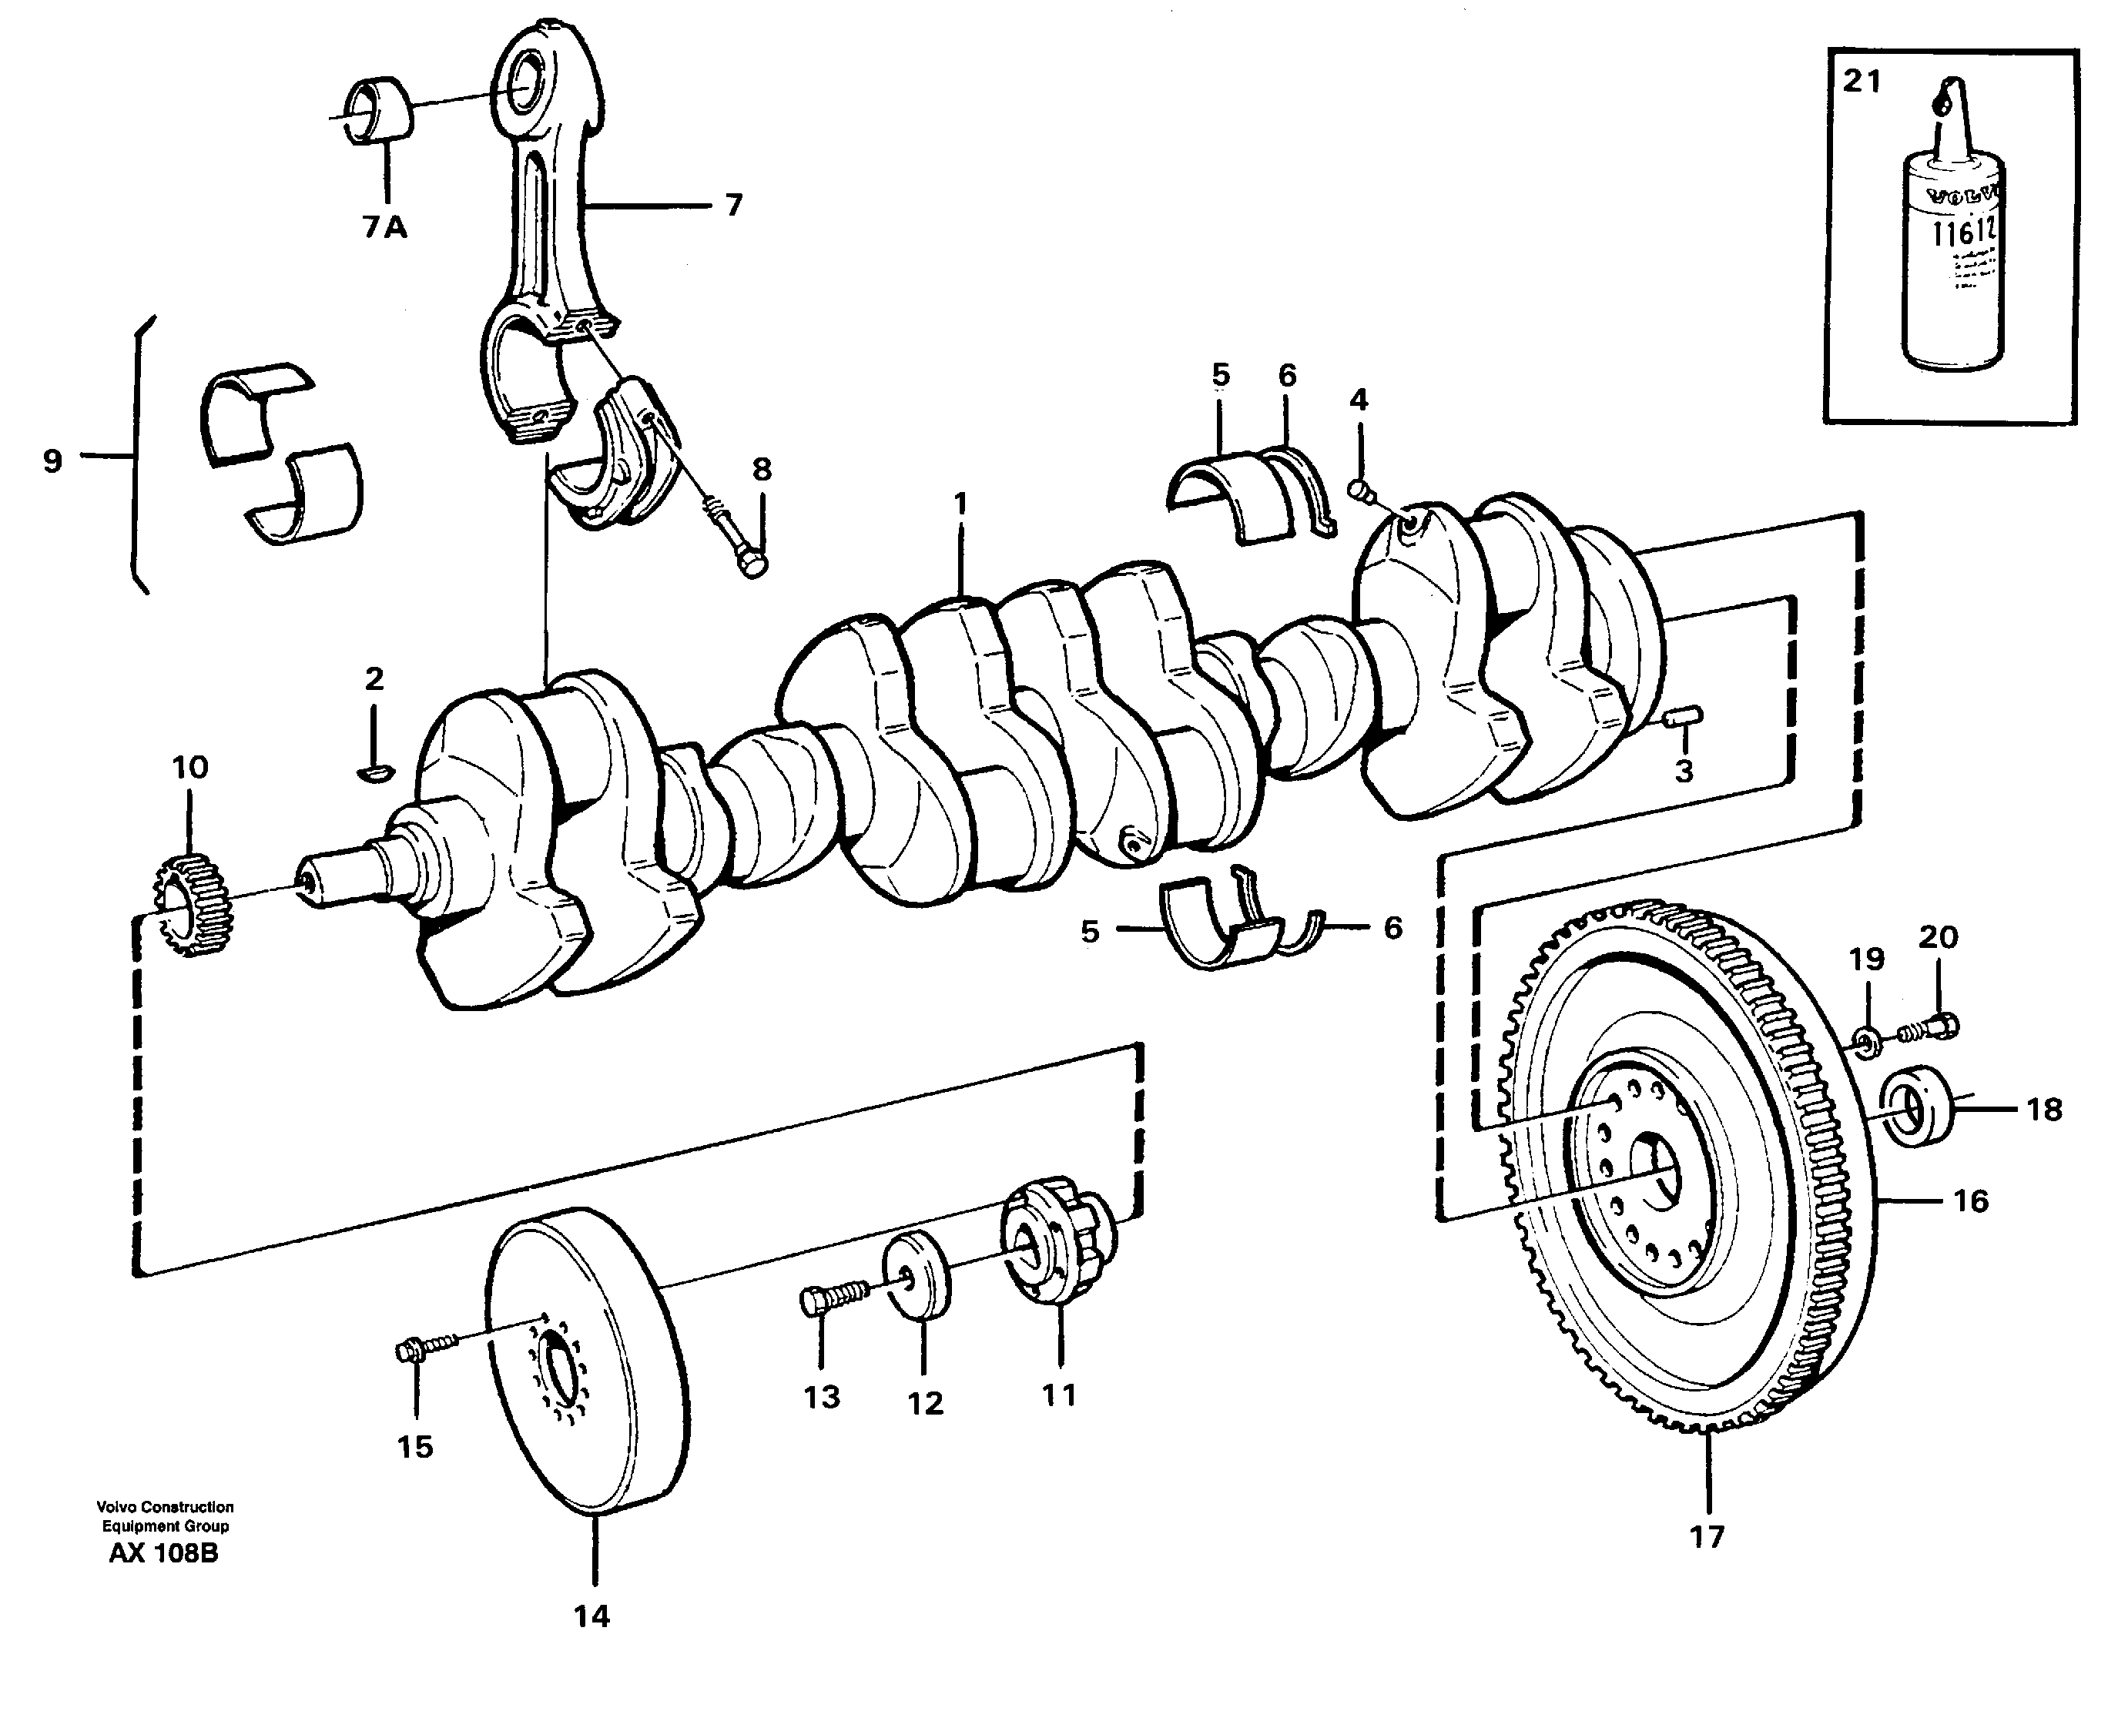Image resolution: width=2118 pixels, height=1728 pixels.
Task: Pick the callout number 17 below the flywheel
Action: (1707, 1536)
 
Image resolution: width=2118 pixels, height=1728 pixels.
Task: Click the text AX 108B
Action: (163, 1552)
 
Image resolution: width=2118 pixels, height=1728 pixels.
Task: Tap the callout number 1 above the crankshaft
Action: (960, 504)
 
